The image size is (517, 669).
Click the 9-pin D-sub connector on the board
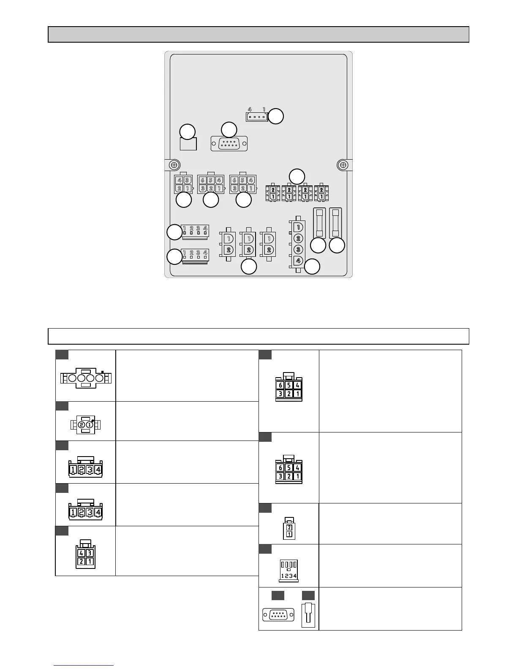click(229, 144)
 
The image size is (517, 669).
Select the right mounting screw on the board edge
click(343, 165)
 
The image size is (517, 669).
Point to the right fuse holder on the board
click(336, 223)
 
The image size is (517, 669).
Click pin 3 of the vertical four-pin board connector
click(298, 249)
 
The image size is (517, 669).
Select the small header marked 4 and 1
click(257, 117)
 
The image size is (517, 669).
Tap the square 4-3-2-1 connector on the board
click(183, 184)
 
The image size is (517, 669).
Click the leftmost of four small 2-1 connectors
click(273, 193)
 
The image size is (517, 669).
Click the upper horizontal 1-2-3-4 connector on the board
click(195, 231)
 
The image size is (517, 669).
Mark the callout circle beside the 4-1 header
click(276, 117)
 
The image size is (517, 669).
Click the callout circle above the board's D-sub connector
click(229, 129)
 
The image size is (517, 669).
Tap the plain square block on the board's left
click(188, 144)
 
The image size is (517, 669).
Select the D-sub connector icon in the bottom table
click(278, 614)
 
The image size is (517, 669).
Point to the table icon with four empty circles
click(86, 378)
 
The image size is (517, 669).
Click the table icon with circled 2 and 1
click(86, 424)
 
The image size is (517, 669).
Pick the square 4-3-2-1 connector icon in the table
click(86, 557)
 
